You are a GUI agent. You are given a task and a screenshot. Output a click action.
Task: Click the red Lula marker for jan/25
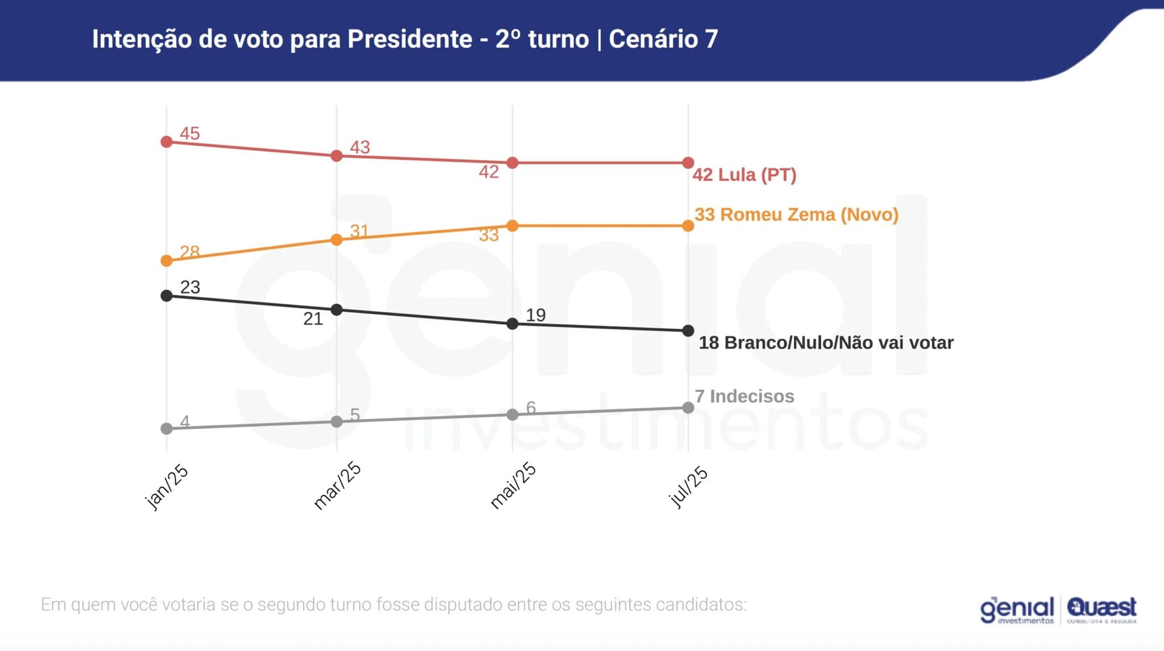point(167,142)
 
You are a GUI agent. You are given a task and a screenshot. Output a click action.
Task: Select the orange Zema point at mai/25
point(512,226)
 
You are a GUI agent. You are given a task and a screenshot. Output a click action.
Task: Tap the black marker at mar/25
point(336,310)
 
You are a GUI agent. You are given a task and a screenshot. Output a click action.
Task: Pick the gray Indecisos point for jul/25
point(688,408)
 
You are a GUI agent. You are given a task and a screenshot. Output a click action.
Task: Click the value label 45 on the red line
point(190,134)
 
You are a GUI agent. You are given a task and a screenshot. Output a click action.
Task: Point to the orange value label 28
point(190,251)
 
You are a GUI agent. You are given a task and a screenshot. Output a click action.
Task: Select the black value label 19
point(535,315)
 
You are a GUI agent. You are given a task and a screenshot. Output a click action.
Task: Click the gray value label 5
point(355,414)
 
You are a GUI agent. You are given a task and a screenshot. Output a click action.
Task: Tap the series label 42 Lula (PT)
point(744,175)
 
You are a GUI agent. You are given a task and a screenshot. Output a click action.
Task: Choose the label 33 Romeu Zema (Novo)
point(796,215)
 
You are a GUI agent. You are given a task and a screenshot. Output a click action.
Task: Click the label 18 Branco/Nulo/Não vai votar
point(825,343)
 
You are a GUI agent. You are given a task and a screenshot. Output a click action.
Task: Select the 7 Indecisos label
point(744,396)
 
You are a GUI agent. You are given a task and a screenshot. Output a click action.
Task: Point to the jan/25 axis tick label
point(167,487)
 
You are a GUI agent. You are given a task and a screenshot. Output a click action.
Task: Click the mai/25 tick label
point(513,486)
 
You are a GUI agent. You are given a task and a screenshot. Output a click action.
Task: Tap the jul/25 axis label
point(688,487)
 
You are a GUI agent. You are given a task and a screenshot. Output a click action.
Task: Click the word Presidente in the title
point(410,39)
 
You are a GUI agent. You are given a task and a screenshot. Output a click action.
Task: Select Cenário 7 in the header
point(663,39)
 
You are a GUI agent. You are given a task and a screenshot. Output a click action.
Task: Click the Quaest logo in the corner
point(1101,609)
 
